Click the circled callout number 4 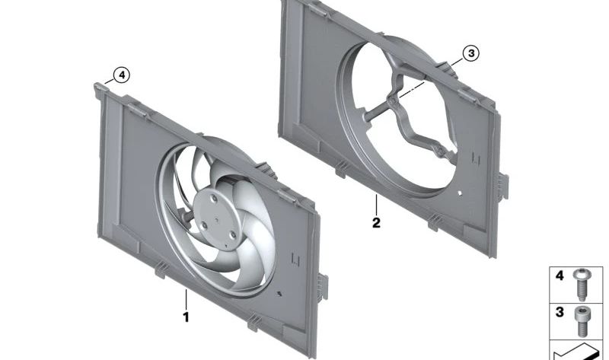[122, 75]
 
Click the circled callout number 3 [470, 53]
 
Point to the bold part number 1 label [186, 317]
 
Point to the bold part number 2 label [376, 223]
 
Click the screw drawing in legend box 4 [582, 285]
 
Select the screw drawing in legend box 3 [582, 321]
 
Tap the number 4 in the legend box [560, 276]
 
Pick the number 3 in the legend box [560, 312]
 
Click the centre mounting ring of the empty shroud [393, 101]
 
